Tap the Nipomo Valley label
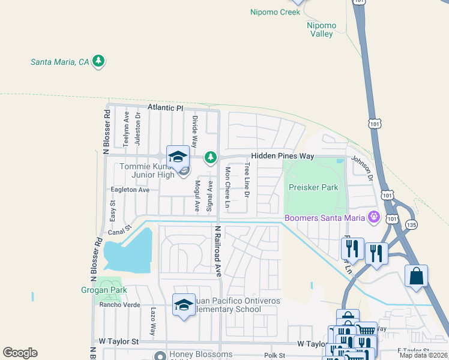tap(321, 30)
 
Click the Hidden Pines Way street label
tap(282, 156)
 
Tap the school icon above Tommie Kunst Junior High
tap(178, 157)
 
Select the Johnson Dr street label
tap(361, 169)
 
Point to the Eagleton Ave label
tap(130, 190)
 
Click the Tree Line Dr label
tap(247, 181)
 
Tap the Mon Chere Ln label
tap(228, 187)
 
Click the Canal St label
tap(119, 232)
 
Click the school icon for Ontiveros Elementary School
tap(184, 305)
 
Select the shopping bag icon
tap(416, 277)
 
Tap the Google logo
tap(20, 353)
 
